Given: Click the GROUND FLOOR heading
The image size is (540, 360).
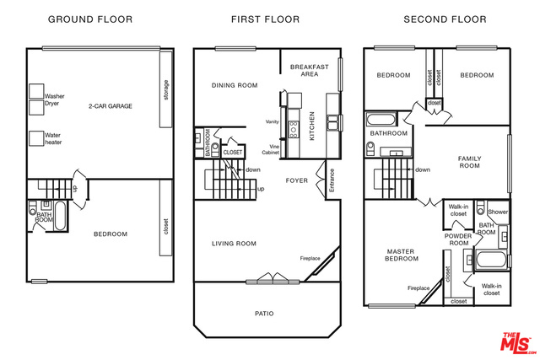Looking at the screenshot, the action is coord(90,19).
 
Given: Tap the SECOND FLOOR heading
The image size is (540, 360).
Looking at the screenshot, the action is coord(445,19).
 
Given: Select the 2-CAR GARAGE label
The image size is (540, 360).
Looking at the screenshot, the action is coord(111,106).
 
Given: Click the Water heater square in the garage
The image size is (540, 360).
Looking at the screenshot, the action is coord(36,138).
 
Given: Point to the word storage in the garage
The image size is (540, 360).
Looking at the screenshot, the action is coord(166,89).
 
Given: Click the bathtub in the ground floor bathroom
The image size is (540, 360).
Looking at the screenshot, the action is coord(60,216).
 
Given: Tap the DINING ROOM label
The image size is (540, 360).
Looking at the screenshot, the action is coord(235,85).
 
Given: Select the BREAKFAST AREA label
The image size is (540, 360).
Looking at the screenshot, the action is coord(310,70).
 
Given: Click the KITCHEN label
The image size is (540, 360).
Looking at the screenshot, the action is coord(312,126).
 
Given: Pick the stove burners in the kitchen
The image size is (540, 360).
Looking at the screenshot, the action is coord(294,129).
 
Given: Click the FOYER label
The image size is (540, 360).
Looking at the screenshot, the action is coord(297,180).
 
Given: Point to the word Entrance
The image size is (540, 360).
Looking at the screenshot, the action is coord(332,180).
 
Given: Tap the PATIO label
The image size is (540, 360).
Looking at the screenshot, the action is coord(264,314).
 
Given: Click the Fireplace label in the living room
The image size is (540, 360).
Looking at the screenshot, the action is coord(310,258).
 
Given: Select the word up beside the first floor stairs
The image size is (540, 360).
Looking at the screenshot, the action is coord(261,189).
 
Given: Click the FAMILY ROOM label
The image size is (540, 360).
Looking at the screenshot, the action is coord(469,162).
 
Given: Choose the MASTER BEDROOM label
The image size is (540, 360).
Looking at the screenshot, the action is coord(402,255).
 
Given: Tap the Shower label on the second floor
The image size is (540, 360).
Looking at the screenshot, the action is coord(498,212).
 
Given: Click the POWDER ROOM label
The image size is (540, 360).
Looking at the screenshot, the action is coord(458,239).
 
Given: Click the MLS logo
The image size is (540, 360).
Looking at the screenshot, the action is coord(518,343).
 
